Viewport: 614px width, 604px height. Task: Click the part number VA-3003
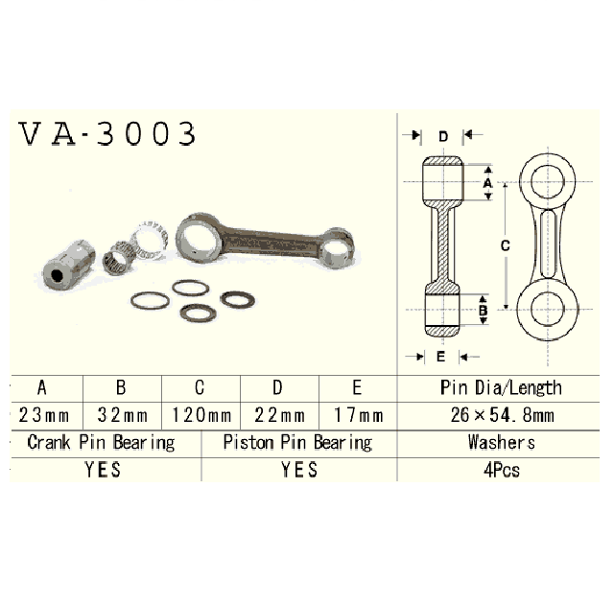point(106,134)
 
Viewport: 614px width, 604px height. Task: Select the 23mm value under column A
point(44,415)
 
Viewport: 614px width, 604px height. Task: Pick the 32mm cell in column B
point(123,415)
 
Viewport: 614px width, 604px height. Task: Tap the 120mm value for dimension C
point(201,415)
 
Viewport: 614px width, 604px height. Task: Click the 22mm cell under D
point(279,415)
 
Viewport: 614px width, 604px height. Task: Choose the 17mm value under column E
point(358,415)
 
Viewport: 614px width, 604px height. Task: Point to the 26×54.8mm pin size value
point(502,415)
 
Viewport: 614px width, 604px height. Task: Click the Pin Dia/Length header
point(501,388)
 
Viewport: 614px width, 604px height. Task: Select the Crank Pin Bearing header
point(101,443)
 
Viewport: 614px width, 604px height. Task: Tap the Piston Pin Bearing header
point(297,443)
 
